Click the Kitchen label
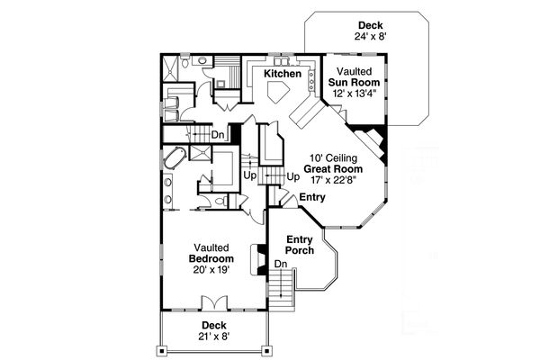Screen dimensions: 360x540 pyautogui.click(x=283, y=73)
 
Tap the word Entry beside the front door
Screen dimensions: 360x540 pyautogui.click(x=312, y=197)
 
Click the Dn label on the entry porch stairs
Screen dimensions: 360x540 pyautogui.click(x=281, y=265)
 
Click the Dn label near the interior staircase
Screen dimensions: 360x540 pyautogui.click(x=217, y=135)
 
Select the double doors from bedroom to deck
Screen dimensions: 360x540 pyautogui.click(x=213, y=301)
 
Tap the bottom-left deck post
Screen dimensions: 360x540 pyautogui.click(x=162, y=348)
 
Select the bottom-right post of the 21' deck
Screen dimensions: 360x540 pyautogui.click(x=265, y=348)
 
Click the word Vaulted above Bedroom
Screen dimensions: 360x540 pyautogui.click(x=212, y=247)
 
